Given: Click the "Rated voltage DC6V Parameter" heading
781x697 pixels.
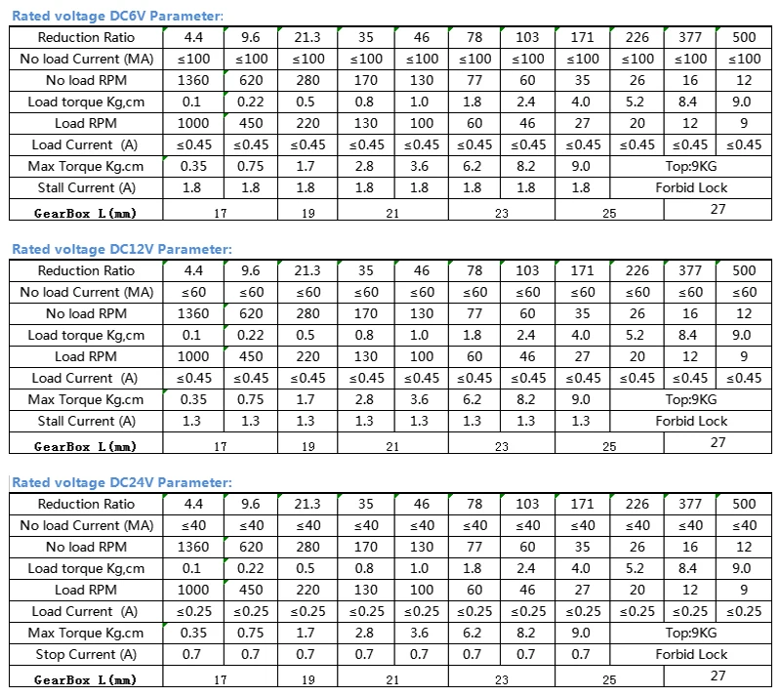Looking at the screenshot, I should pyautogui.click(x=117, y=16).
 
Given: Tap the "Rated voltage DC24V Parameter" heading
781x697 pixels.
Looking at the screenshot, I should pyautogui.click(x=122, y=482).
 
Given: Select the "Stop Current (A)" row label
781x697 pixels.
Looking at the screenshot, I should pyautogui.click(x=86, y=654).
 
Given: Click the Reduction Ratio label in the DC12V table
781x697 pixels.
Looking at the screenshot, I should pyautogui.click(x=86, y=270).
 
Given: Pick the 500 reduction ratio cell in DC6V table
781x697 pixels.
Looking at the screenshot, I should pyautogui.click(x=744, y=37).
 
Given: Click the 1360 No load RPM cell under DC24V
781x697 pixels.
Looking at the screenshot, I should pyautogui.click(x=193, y=547).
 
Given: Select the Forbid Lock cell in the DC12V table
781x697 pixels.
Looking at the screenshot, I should pyautogui.click(x=691, y=421).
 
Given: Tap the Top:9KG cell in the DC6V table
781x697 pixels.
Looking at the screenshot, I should pyautogui.click(x=691, y=166).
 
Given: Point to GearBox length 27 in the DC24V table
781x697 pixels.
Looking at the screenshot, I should pyautogui.click(x=718, y=676).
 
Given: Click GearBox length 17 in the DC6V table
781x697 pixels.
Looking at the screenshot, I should pyautogui.click(x=220, y=211).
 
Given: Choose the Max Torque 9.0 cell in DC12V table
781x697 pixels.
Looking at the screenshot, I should pyautogui.click(x=581, y=399).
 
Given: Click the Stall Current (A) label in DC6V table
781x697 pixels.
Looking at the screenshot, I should pyautogui.click(x=86, y=187).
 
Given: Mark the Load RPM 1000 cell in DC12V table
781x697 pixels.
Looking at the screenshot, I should pyautogui.click(x=193, y=356).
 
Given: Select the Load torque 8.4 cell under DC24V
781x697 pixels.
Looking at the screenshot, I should pyautogui.click(x=689, y=568).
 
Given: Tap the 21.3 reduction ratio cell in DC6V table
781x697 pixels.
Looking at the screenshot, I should pyautogui.click(x=307, y=37).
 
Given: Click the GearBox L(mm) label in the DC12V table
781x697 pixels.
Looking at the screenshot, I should pyautogui.click(x=86, y=446).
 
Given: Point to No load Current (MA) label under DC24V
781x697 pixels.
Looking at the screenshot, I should pyautogui.click(x=86, y=525).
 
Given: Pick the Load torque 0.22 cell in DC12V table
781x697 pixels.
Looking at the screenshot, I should pyautogui.click(x=251, y=335).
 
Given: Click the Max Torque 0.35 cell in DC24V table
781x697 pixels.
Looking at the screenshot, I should pyautogui.click(x=193, y=633).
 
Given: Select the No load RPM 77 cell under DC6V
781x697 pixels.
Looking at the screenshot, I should pyautogui.click(x=474, y=80).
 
